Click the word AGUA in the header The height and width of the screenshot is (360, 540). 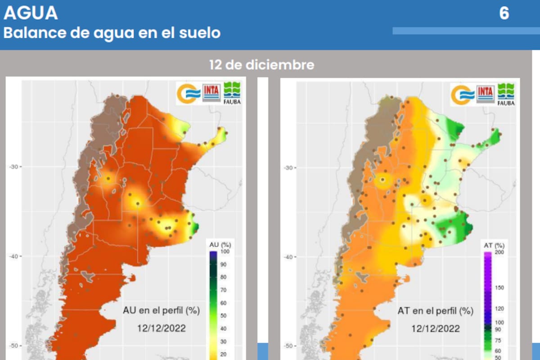point(31,13)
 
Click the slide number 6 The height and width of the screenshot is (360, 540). point(504,13)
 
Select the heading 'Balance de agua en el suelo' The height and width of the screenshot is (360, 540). point(112,33)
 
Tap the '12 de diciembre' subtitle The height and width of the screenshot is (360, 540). point(261,65)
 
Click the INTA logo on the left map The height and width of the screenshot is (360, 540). point(211,92)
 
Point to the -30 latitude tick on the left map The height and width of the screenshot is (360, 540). point(14,166)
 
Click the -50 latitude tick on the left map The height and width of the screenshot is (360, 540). point(14,346)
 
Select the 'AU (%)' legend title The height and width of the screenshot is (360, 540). point(220,244)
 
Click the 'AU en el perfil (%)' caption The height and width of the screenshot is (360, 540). point(161,310)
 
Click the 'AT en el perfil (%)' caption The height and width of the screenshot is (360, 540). point(436,311)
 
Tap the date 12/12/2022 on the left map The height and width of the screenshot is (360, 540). point(161,328)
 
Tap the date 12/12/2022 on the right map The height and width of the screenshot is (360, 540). point(436,328)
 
